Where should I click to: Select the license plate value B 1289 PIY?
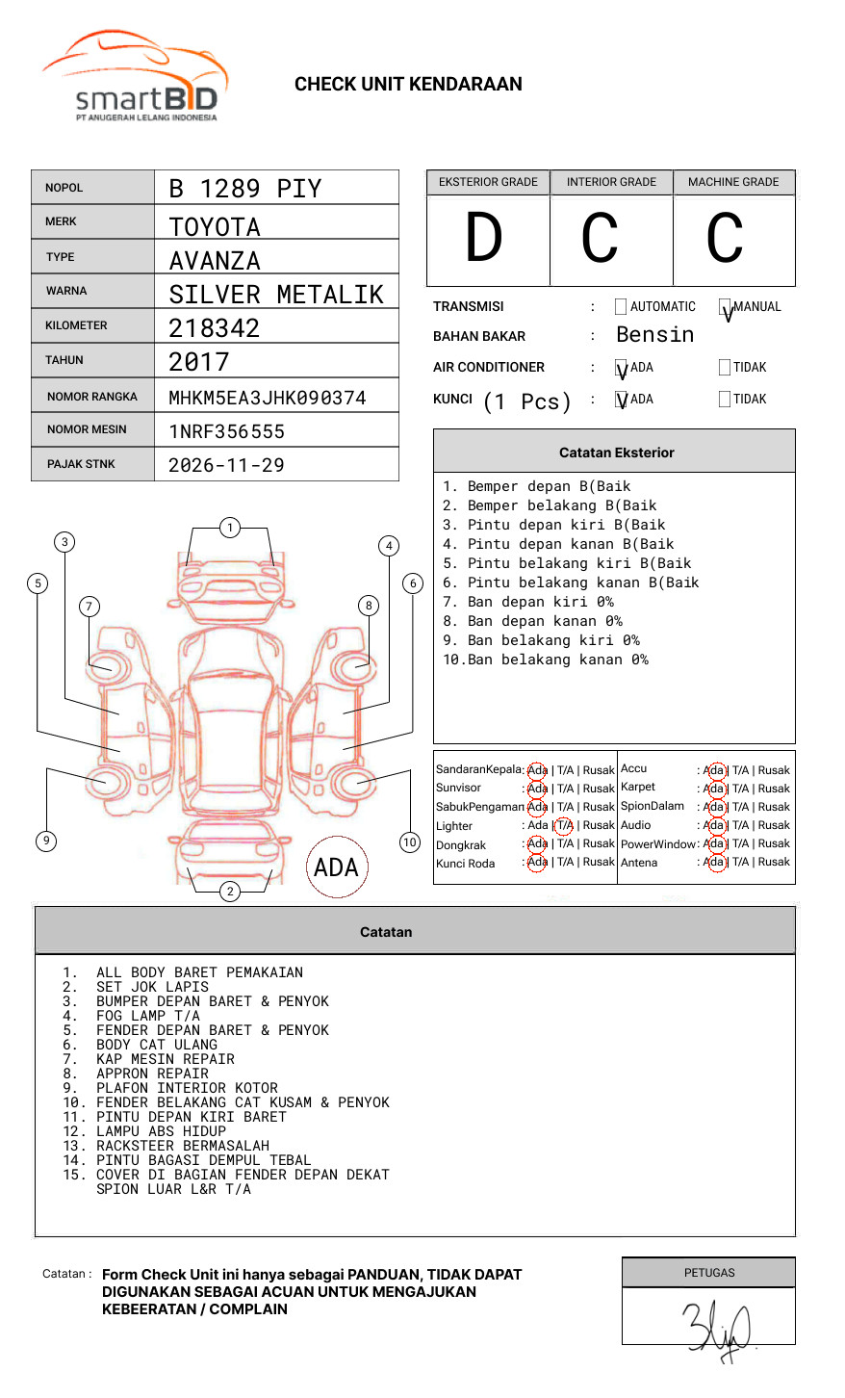pos(245,189)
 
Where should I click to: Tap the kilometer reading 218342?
pos(214,328)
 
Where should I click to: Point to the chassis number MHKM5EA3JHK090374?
pos(268,399)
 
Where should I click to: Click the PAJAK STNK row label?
pos(81,464)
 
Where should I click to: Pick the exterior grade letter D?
pos(484,237)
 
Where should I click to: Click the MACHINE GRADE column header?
pos(733,182)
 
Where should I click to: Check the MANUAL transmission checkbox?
pos(725,306)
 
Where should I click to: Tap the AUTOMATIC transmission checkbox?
pos(621,306)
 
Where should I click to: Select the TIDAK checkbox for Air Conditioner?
pos(725,367)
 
